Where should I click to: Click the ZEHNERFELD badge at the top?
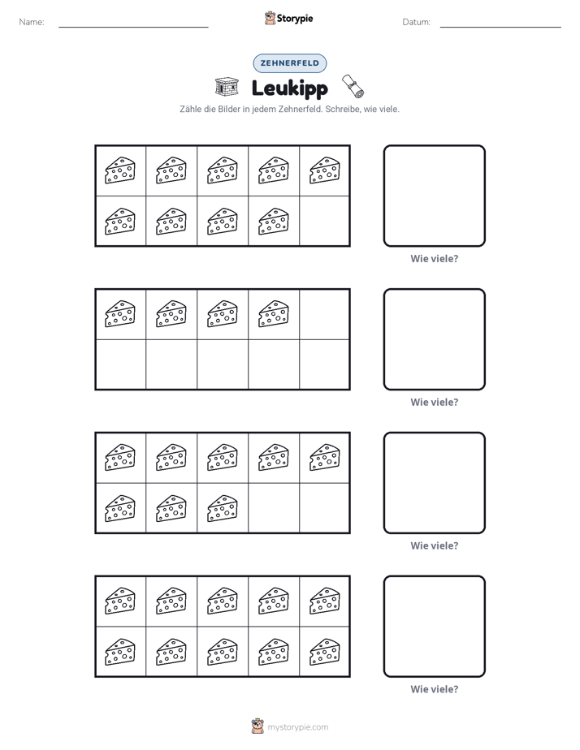(289, 63)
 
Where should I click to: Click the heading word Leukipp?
(289, 88)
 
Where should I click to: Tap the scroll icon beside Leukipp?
(353, 85)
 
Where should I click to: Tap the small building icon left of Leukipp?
(227, 87)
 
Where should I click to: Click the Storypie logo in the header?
(288, 18)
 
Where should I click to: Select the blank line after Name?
(133, 27)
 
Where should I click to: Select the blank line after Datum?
(500, 27)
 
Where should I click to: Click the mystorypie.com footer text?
(297, 727)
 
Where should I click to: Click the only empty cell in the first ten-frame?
(324, 221)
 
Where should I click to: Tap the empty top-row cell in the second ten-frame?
(324, 314)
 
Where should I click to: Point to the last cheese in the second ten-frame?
(274, 314)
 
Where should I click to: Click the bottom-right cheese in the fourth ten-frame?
(325, 652)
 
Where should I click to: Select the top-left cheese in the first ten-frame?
(120, 170)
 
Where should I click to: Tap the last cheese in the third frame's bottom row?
(223, 508)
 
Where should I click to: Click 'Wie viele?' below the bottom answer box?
(435, 689)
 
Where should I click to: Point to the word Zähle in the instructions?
(190, 109)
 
